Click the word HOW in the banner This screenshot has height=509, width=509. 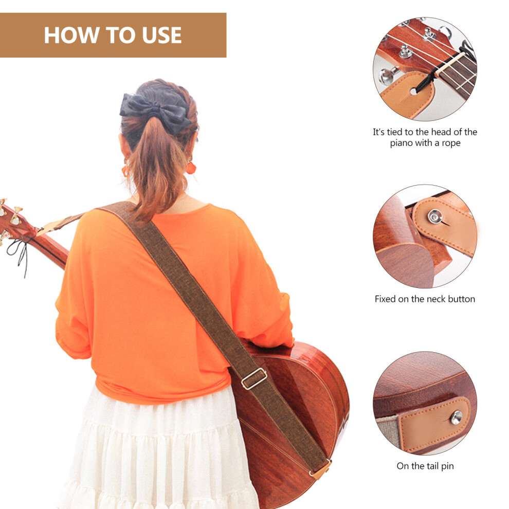point(72,35)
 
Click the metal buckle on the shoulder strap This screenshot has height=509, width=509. point(254,378)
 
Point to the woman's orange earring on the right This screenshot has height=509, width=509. point(191,167)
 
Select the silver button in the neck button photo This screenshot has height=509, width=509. point(435,216)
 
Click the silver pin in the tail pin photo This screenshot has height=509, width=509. point(457,417)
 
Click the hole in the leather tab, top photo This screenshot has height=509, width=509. point(413,92)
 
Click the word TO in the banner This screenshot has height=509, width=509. point(121,35)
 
